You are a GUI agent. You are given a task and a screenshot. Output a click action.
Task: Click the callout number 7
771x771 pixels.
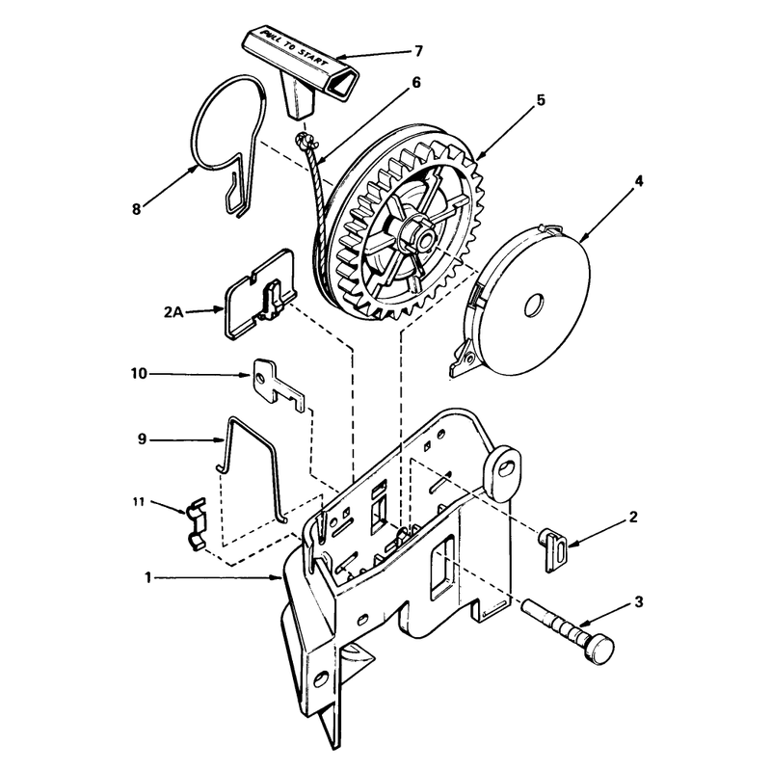[418, 51]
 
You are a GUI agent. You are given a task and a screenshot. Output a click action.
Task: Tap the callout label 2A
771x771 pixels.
[173, 311]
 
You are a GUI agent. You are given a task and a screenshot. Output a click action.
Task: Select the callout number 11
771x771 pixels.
[138, 502]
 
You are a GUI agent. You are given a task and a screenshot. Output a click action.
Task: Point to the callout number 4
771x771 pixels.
[638, 181]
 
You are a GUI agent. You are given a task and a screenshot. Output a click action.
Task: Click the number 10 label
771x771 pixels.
[139, 374]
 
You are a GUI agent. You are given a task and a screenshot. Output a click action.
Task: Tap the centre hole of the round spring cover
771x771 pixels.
[534, 306]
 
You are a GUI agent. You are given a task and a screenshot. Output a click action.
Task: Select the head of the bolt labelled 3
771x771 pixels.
[598, 649]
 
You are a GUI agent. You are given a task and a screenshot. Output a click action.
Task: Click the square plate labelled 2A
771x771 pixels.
[260, 295]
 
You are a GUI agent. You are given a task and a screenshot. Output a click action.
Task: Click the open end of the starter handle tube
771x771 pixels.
[343, 81]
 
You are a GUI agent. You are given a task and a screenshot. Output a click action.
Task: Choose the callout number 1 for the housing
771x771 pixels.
[147, 577]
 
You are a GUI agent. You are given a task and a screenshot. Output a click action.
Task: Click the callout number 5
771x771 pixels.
[541, 100]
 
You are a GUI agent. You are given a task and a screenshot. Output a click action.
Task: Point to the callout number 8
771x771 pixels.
[136, 209]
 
